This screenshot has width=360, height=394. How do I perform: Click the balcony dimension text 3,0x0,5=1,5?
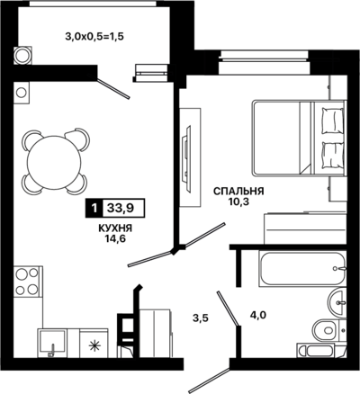[94, 37]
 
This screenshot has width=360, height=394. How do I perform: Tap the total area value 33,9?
[121, 208]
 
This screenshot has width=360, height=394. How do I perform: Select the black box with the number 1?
[94, 208]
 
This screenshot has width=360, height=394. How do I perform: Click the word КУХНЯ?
[115, 228]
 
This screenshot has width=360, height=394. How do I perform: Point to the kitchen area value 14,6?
[115, 239]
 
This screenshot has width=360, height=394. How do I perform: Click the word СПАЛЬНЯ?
[238, 191]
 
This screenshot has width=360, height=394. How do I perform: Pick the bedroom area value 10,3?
[239, 201]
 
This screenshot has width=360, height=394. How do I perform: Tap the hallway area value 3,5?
[201, 318]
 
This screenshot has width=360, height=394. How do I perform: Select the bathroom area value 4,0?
[258, 315]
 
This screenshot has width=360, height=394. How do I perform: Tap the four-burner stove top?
[27, 282]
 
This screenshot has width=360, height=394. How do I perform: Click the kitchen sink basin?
[51, 342]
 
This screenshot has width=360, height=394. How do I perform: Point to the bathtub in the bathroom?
[301, 269]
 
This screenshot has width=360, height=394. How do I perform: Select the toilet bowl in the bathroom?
[328, 330]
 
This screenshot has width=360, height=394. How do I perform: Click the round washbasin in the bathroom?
[337, 302]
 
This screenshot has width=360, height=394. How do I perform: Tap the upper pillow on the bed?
[332, 121]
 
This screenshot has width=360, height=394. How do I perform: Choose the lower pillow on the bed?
[332, 156]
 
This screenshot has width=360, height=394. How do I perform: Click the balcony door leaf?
[114, 89]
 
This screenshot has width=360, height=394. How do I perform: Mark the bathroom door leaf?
[228, 309]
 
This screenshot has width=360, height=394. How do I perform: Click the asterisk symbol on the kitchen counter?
[94, 346]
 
